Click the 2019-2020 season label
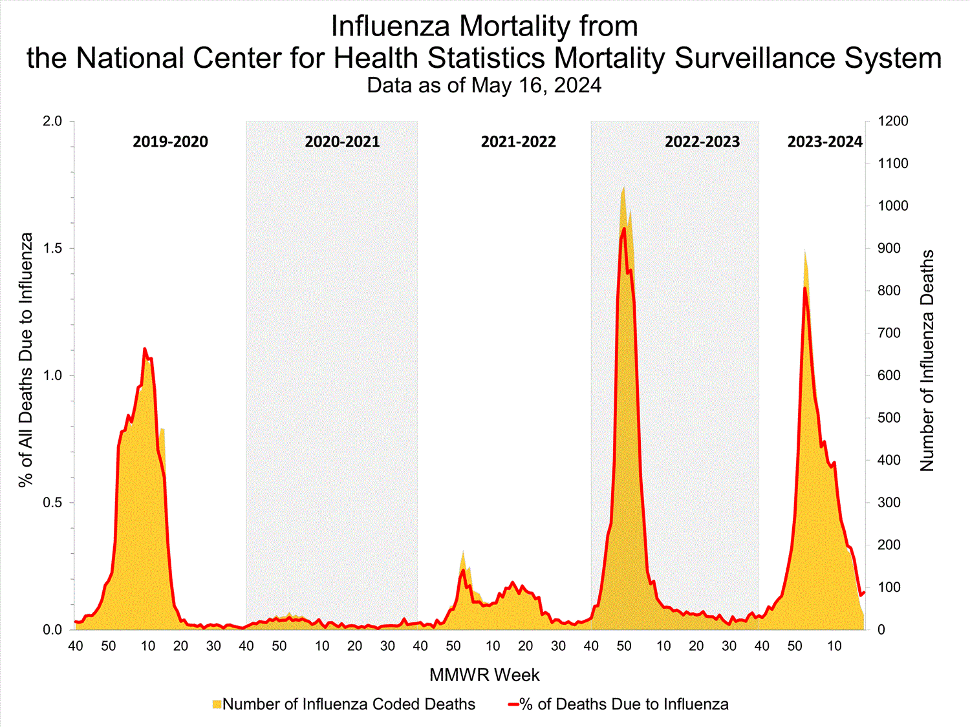tap(170, 142)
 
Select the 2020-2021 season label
tap(342, 142)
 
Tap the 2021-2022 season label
tap(518, 142)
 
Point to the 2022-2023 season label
tap(702, 142)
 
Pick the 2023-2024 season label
tap(824, 142)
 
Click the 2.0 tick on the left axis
tap(51, 121)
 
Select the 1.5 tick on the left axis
tap(51, 248)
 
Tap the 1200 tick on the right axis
tap(892, 121)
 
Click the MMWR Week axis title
tap(484, 675)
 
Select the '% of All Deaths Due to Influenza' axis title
tap(26, 360)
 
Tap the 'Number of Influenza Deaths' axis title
tap(927, 361)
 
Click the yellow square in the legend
tap(217, 704)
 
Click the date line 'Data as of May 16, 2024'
tap(484, 85)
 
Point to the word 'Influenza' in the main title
tap(393, 26)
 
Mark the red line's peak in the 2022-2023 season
tap(624, 228)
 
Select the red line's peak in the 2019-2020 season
tap(145, 348)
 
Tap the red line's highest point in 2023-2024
tap(804, 288)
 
